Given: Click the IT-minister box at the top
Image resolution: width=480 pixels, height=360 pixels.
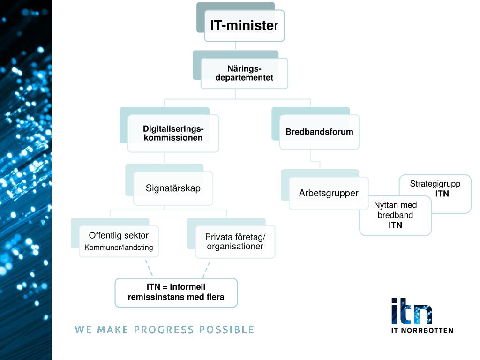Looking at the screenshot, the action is [244, 26].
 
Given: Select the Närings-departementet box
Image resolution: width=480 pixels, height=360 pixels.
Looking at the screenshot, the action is [244, 74].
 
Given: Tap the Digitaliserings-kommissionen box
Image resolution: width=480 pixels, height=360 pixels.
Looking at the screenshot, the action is [173, 133].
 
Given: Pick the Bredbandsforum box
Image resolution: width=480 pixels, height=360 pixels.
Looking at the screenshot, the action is [319, 132].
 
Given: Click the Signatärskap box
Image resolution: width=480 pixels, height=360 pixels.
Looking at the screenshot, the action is [173, 188].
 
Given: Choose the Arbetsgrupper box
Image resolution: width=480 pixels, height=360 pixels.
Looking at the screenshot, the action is [329, 193].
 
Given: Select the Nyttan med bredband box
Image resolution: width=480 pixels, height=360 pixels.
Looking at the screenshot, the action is [395, 216].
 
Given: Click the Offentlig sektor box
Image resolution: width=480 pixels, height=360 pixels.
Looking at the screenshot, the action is [119, 241].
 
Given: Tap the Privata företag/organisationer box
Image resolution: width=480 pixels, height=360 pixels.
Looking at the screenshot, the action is [235, 241].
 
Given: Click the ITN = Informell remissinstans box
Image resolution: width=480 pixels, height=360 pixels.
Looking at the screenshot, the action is [176, 292].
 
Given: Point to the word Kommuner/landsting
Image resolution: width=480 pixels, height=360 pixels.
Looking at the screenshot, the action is [119, 247].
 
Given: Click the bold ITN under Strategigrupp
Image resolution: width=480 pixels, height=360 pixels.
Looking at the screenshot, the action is [442, 194].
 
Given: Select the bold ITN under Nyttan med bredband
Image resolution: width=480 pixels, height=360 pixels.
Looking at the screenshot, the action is [395, 225].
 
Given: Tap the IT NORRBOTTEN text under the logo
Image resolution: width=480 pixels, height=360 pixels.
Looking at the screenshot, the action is [422, 330].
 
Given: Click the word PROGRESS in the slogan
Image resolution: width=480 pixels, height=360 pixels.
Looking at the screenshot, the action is [157, 330].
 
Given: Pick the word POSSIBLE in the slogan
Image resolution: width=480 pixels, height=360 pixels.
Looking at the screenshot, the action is [226, 330].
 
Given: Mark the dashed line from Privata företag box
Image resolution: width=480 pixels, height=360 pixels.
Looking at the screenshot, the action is [206, 269].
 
